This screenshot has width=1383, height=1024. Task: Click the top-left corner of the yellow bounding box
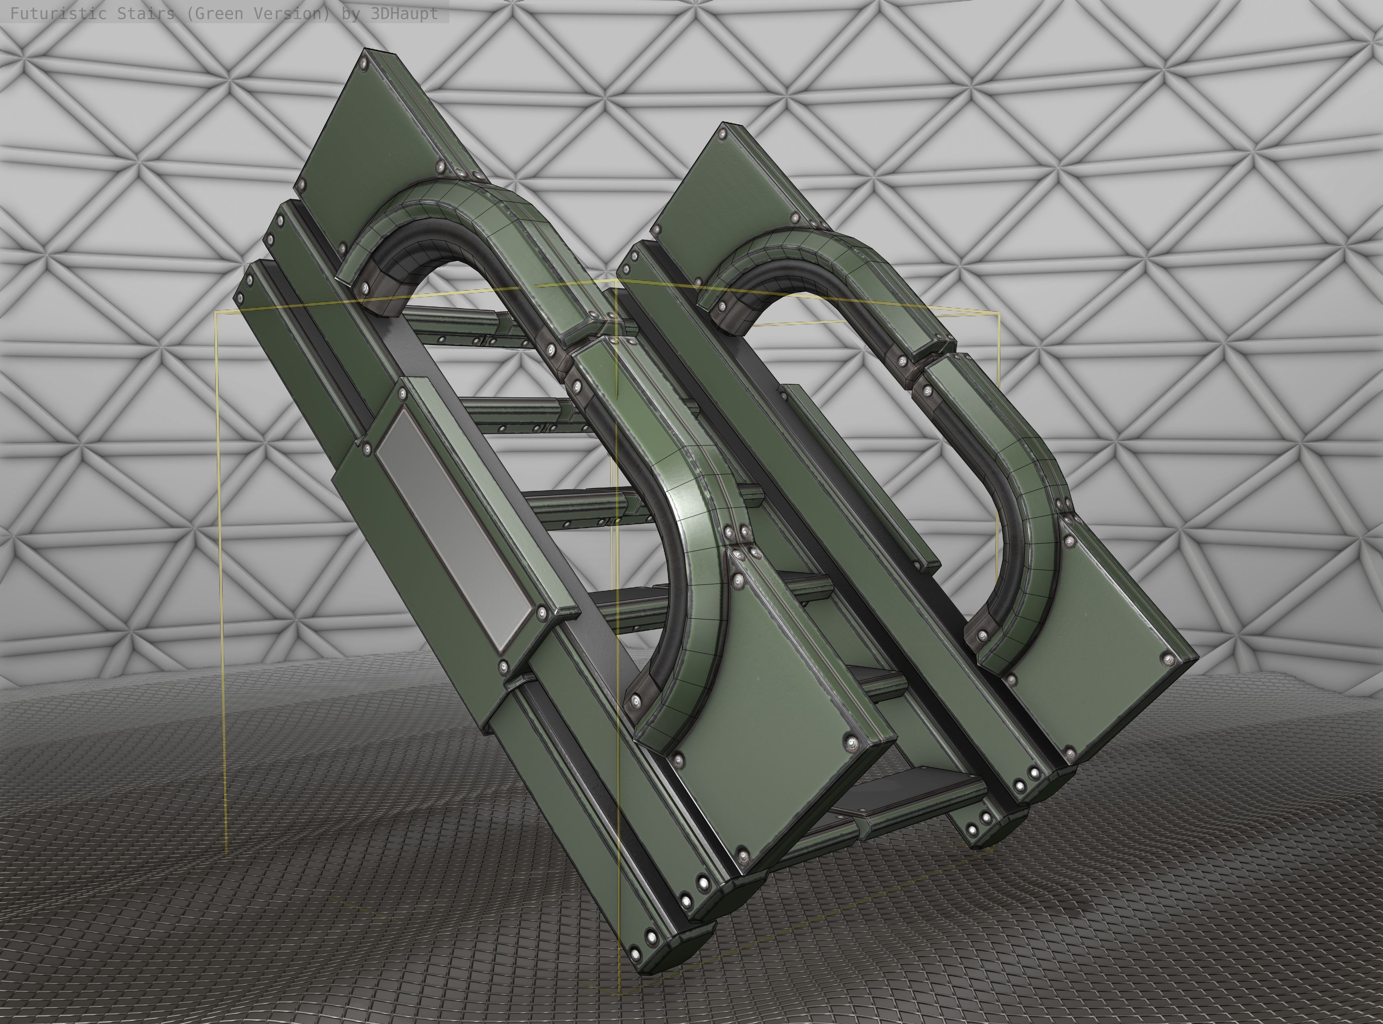216,313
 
